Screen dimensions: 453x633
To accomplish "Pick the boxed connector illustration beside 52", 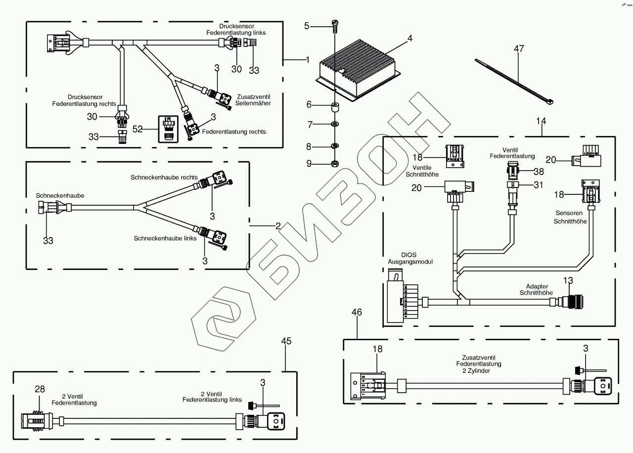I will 168,129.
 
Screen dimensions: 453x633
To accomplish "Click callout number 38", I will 538,172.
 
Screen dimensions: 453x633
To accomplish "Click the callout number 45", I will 286,341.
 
